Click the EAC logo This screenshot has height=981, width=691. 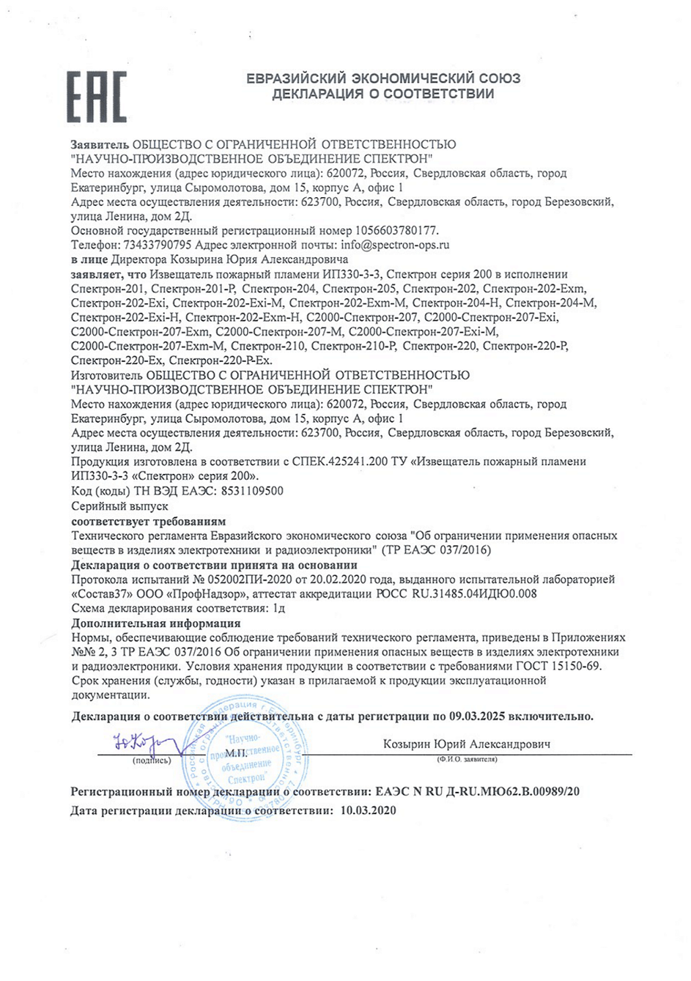[x=96, y=97]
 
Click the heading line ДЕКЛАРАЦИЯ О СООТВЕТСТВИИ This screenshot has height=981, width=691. [x=383, y=94]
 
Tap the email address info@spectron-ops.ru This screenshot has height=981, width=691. [x=395, y=245]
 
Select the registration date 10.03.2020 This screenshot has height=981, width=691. [x=368, y=810]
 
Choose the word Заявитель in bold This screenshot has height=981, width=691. [x=99, y=144]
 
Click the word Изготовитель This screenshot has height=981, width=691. [x=106, y=375]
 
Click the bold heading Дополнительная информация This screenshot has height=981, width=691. [x=156, y=623]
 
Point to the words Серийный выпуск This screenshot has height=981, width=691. [x=119, y=506]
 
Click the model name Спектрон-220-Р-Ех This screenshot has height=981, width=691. [x=221, y=361]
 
